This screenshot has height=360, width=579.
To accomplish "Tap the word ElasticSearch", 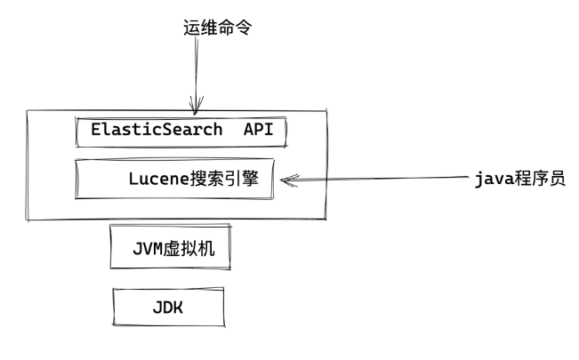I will click(x=157, y=130).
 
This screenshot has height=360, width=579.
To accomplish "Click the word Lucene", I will click(x=157, y=178).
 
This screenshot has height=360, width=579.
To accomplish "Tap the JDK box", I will click(x=165, y=307).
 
